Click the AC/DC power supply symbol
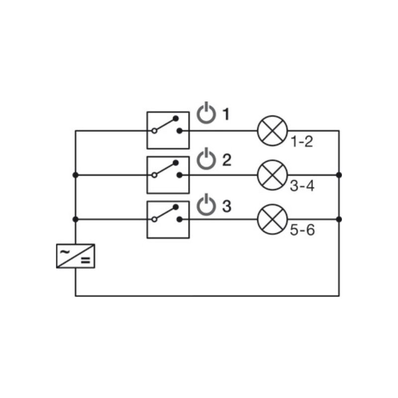(76, 256)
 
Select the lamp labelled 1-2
(272, 131)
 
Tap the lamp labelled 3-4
(272, 175)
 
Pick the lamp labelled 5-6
(272, 219)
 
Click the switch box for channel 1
(168, 130)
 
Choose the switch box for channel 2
(168, 175)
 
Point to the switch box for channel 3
(168, 219)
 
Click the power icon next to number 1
(206, 113)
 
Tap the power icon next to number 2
(206, 159)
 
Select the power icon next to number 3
(206, 205)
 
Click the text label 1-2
(302, 141)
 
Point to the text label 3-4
(302, 186)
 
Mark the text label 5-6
(302, 230)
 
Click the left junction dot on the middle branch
(76, 175)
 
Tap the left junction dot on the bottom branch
(76, 219)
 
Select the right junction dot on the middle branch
(339, 175)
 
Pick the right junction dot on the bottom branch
(339, 219)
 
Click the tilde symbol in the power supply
(65, 252)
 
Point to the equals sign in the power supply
(86, 260)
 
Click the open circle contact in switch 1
(154, 131)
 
